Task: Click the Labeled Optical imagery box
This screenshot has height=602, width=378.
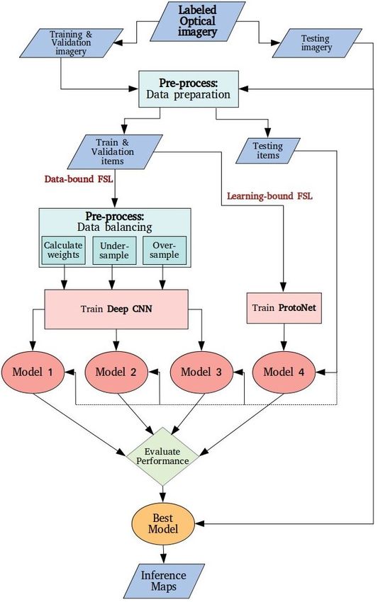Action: pyautogui.click(x=197, y=21)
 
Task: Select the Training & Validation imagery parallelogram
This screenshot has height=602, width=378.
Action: pyautogui.click(x=72, y=43)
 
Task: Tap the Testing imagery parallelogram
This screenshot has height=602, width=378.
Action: pyautogui.click(x=317, y=43)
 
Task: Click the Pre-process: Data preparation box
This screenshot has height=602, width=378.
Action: pyautogui.click(x=189, y=89)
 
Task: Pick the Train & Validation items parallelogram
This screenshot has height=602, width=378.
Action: pyautogui.click(x=115, y=152)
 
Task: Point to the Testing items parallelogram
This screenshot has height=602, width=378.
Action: pyautogui.click(x=267, y=150)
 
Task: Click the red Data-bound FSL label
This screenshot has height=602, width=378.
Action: pyautogui.click(x=79, y=179)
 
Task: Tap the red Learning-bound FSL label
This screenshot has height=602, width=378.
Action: pyautogui.click(x=269, y=196)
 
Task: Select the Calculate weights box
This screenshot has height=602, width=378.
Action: pyautogui.click(x=63, y=250)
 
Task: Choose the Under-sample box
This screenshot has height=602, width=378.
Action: pyautogui.click(x=113, y=250)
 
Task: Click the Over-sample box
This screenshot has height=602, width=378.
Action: pyautogui.click(x=165, y=250)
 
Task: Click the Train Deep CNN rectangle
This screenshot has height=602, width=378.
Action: pyautogui.click(x=116, y=309)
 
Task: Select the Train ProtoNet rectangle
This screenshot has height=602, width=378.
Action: pyautogui.click(x=284, y=308)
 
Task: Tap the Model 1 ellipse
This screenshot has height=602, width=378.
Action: pyautogui.click(x=33, y=372)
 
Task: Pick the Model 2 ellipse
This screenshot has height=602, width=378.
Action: pyautogui.click(x=116, y=372)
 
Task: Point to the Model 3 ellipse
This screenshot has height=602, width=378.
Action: pyautogui.click(x=201, y=372)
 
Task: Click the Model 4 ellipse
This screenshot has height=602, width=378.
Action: pyautogui.click(x=284, y=372)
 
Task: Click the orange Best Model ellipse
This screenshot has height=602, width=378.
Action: pyautogui.click(x=163, y=524)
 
